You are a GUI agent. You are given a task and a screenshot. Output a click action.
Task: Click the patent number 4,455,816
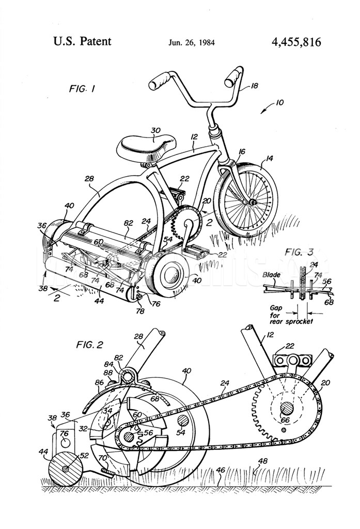coord(296,42)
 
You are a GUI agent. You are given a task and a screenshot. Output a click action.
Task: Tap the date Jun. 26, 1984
coord(191,42)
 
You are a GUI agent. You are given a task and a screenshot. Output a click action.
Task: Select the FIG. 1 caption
coord(82,89)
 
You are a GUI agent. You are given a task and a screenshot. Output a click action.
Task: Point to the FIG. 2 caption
coord(89,345)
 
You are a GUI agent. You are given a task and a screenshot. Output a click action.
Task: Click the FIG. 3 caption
coord(299,252)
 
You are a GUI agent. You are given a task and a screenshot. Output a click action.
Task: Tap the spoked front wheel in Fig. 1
coord(246,199)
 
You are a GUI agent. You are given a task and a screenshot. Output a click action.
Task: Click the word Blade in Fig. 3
coord(271,275)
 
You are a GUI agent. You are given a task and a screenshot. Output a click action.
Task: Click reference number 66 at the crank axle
coord(286,421)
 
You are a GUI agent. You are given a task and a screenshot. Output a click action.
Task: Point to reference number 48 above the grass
coord(263,461)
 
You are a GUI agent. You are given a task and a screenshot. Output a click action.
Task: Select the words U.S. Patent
coord(82,41)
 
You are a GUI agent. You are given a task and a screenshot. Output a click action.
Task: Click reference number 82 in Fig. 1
coord(128,223)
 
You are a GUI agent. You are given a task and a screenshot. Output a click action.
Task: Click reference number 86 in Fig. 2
coord(99,383)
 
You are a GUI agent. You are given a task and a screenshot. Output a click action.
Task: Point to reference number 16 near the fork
coord(242,152)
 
